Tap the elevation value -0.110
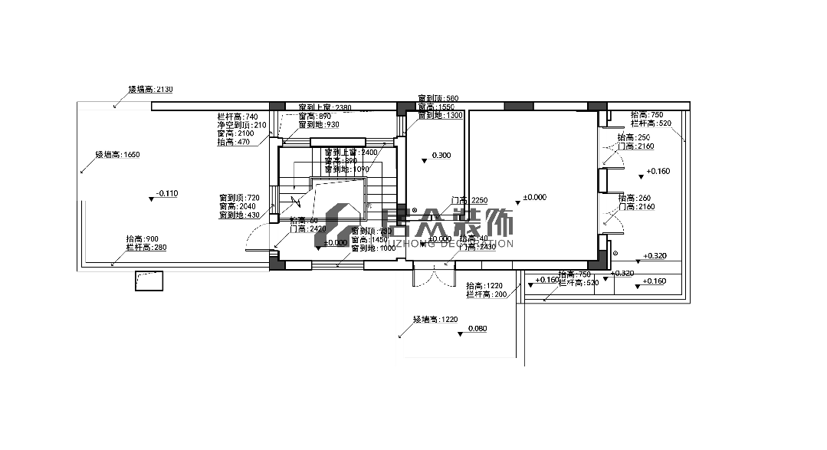tap(166, 194)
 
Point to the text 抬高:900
tap(142, 238)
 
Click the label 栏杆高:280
tap(146, 247)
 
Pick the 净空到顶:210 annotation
tap(241, 125)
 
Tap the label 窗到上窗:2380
tap(324, 107)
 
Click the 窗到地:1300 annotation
tap(440, 115)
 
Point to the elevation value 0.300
tap(441, 156)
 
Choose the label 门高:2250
tap(469, 200)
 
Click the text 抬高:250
tap(633, 137)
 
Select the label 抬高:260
tap(633, 198)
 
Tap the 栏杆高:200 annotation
tap(486, 294)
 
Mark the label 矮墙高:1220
tap(435, 319)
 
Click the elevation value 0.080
tap(477, 329)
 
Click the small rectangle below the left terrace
tap(149, 281)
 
